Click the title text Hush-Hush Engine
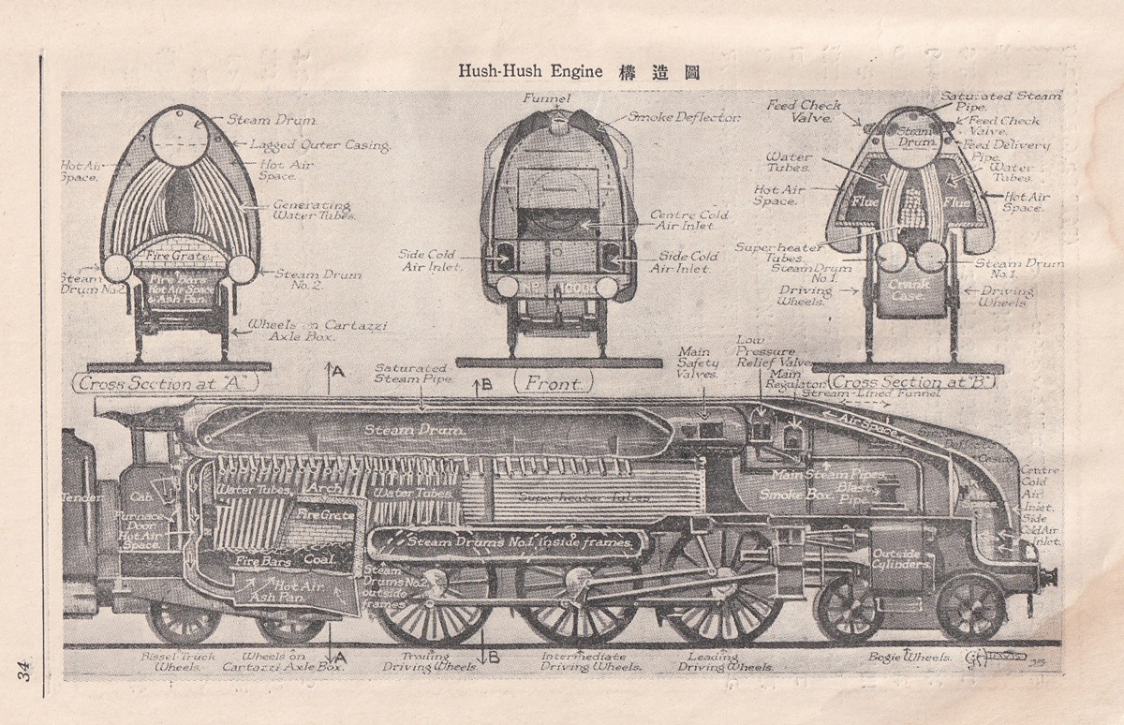pyautogui.click(x=530, y=72)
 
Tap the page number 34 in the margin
pyautogui.click(x=22, y=673)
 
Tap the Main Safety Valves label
pyautogui.click(x=699, y=361)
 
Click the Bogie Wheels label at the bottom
pyautogui.click(x=910, y=658)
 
